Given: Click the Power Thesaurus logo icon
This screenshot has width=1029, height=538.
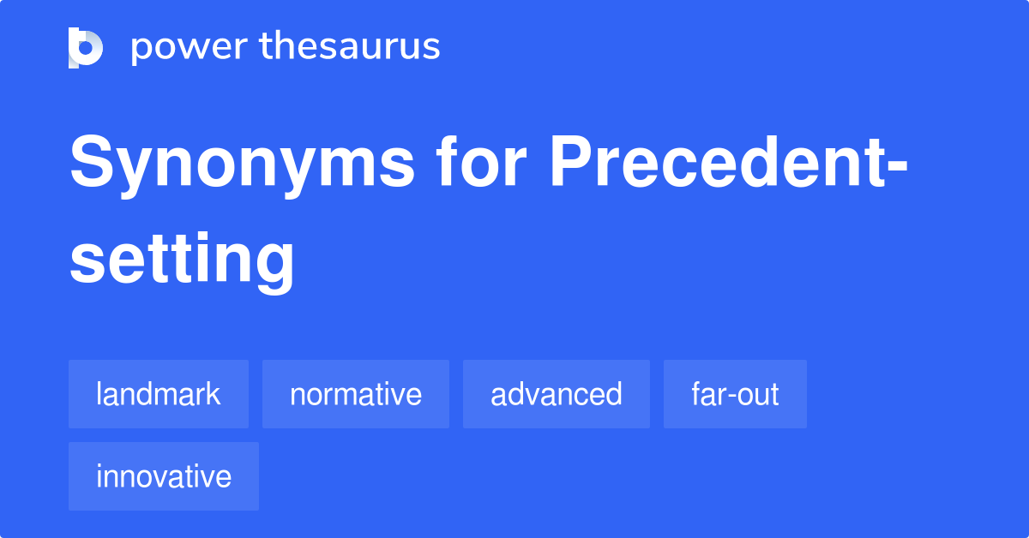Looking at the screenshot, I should pos(86,47).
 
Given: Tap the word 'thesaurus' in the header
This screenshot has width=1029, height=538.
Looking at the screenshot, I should pos(350,47).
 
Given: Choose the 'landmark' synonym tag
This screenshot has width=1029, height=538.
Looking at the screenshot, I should pos(159,394).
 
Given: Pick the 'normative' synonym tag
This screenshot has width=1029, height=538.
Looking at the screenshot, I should pos(356,394).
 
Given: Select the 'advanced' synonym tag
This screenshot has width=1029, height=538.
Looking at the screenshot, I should pos(557,394).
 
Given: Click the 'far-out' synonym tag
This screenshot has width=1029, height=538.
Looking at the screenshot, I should pos(735,394).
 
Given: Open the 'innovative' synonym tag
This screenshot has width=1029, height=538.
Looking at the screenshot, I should pos(164,476).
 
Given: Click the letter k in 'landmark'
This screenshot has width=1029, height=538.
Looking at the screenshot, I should pos(214,394).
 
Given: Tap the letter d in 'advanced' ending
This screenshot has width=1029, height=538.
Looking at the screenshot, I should pos(614,394).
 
